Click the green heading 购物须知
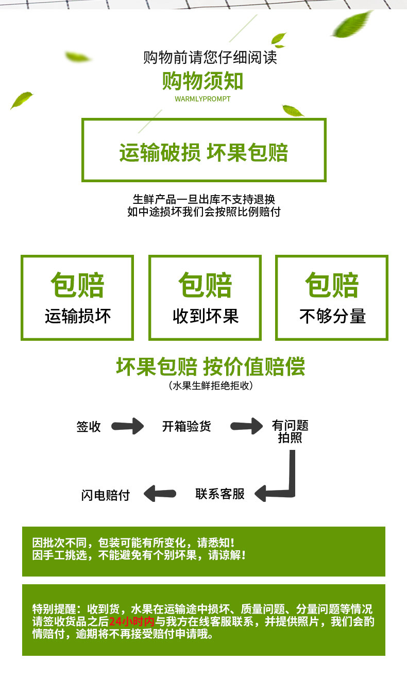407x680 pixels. tap(202, 81)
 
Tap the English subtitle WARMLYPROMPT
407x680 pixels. tap(202, 99)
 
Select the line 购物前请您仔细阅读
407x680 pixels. tap(210, 57)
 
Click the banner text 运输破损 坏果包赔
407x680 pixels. tap(203, 152)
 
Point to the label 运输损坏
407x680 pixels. tap(78, 316)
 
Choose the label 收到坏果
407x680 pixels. tap(206, 316)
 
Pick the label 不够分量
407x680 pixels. tap(333, 316)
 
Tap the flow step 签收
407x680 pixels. tap(89, 427)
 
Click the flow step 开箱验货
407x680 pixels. tap(186, 426)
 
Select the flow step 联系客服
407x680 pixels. tap(220, 494)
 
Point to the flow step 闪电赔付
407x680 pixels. tap(106, 495)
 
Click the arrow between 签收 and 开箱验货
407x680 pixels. tap(128, 426)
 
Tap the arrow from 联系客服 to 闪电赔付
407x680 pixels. tap(160, 494)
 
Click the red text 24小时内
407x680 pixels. tap(132, 622)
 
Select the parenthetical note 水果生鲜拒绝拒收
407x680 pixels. tap(211, 386)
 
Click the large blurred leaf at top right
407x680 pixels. tap(352, 24)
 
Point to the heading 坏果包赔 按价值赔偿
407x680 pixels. tap(211, 367)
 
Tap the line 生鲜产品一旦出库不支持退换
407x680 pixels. tap(204, 199)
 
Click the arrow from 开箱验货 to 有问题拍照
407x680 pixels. tap(247, 426)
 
